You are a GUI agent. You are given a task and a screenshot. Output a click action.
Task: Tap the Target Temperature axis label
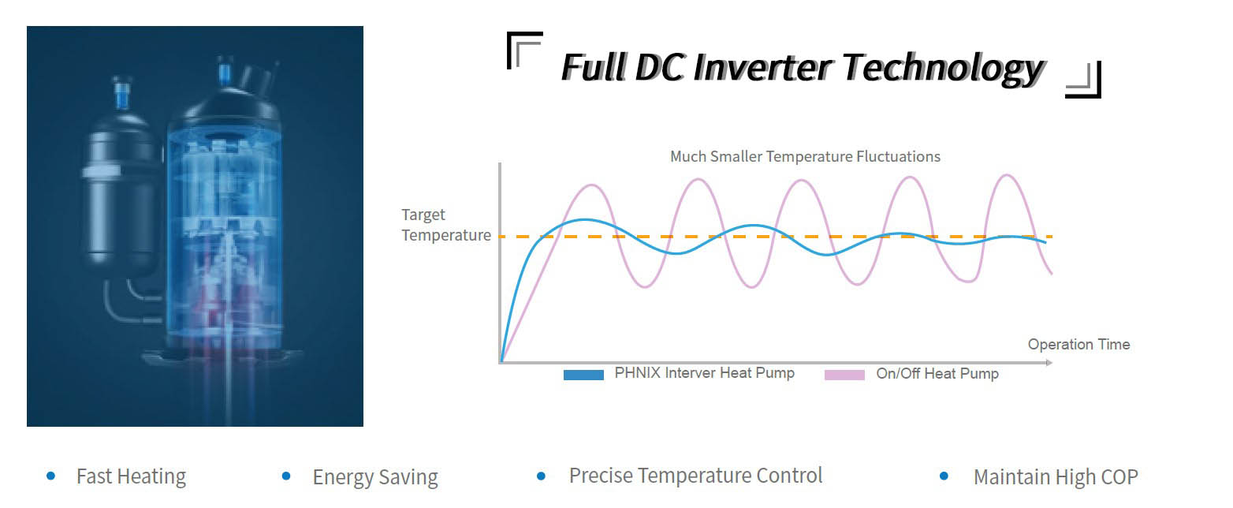[445, 225]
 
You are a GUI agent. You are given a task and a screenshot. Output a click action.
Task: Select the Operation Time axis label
[1078, 345]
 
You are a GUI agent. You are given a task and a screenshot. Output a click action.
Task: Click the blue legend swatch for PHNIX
[583, 375]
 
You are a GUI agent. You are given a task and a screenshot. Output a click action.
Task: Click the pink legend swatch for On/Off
[844, 375]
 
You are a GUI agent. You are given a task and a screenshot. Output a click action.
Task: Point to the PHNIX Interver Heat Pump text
[704, 373]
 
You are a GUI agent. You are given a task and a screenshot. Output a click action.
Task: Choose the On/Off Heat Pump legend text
[937, 374]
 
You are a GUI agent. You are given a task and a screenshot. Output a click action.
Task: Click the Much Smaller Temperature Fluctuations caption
[804, 156]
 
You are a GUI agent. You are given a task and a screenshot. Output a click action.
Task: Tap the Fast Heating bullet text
[131, 477]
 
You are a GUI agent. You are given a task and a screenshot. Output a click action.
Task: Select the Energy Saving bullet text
[374, 477]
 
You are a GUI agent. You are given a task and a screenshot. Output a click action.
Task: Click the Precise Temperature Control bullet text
[695, 476]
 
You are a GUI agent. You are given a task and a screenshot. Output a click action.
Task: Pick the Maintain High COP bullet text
[1055, 477]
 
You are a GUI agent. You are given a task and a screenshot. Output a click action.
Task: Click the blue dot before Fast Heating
[51, 476]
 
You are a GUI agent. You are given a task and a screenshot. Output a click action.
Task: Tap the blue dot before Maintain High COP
[944, 476]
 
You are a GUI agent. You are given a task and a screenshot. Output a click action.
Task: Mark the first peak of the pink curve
[593, 185]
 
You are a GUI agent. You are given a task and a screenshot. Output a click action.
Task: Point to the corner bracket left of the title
[523, 49]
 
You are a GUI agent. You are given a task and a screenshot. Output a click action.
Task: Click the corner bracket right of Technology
[1084, 80]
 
